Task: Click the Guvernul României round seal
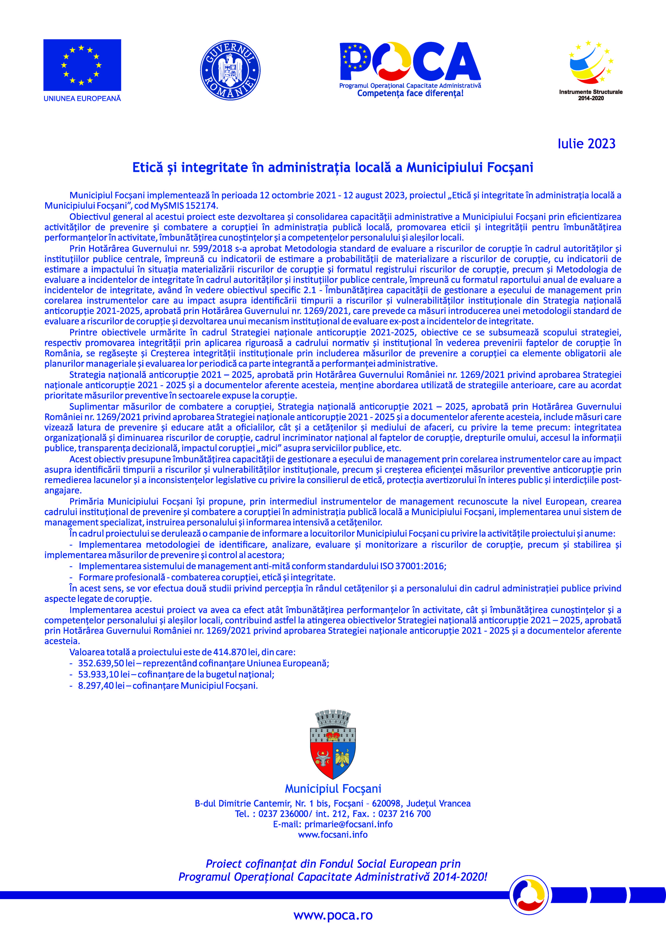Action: [230, 70]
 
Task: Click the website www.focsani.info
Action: [333, 835]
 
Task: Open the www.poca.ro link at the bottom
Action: [333, 915]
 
